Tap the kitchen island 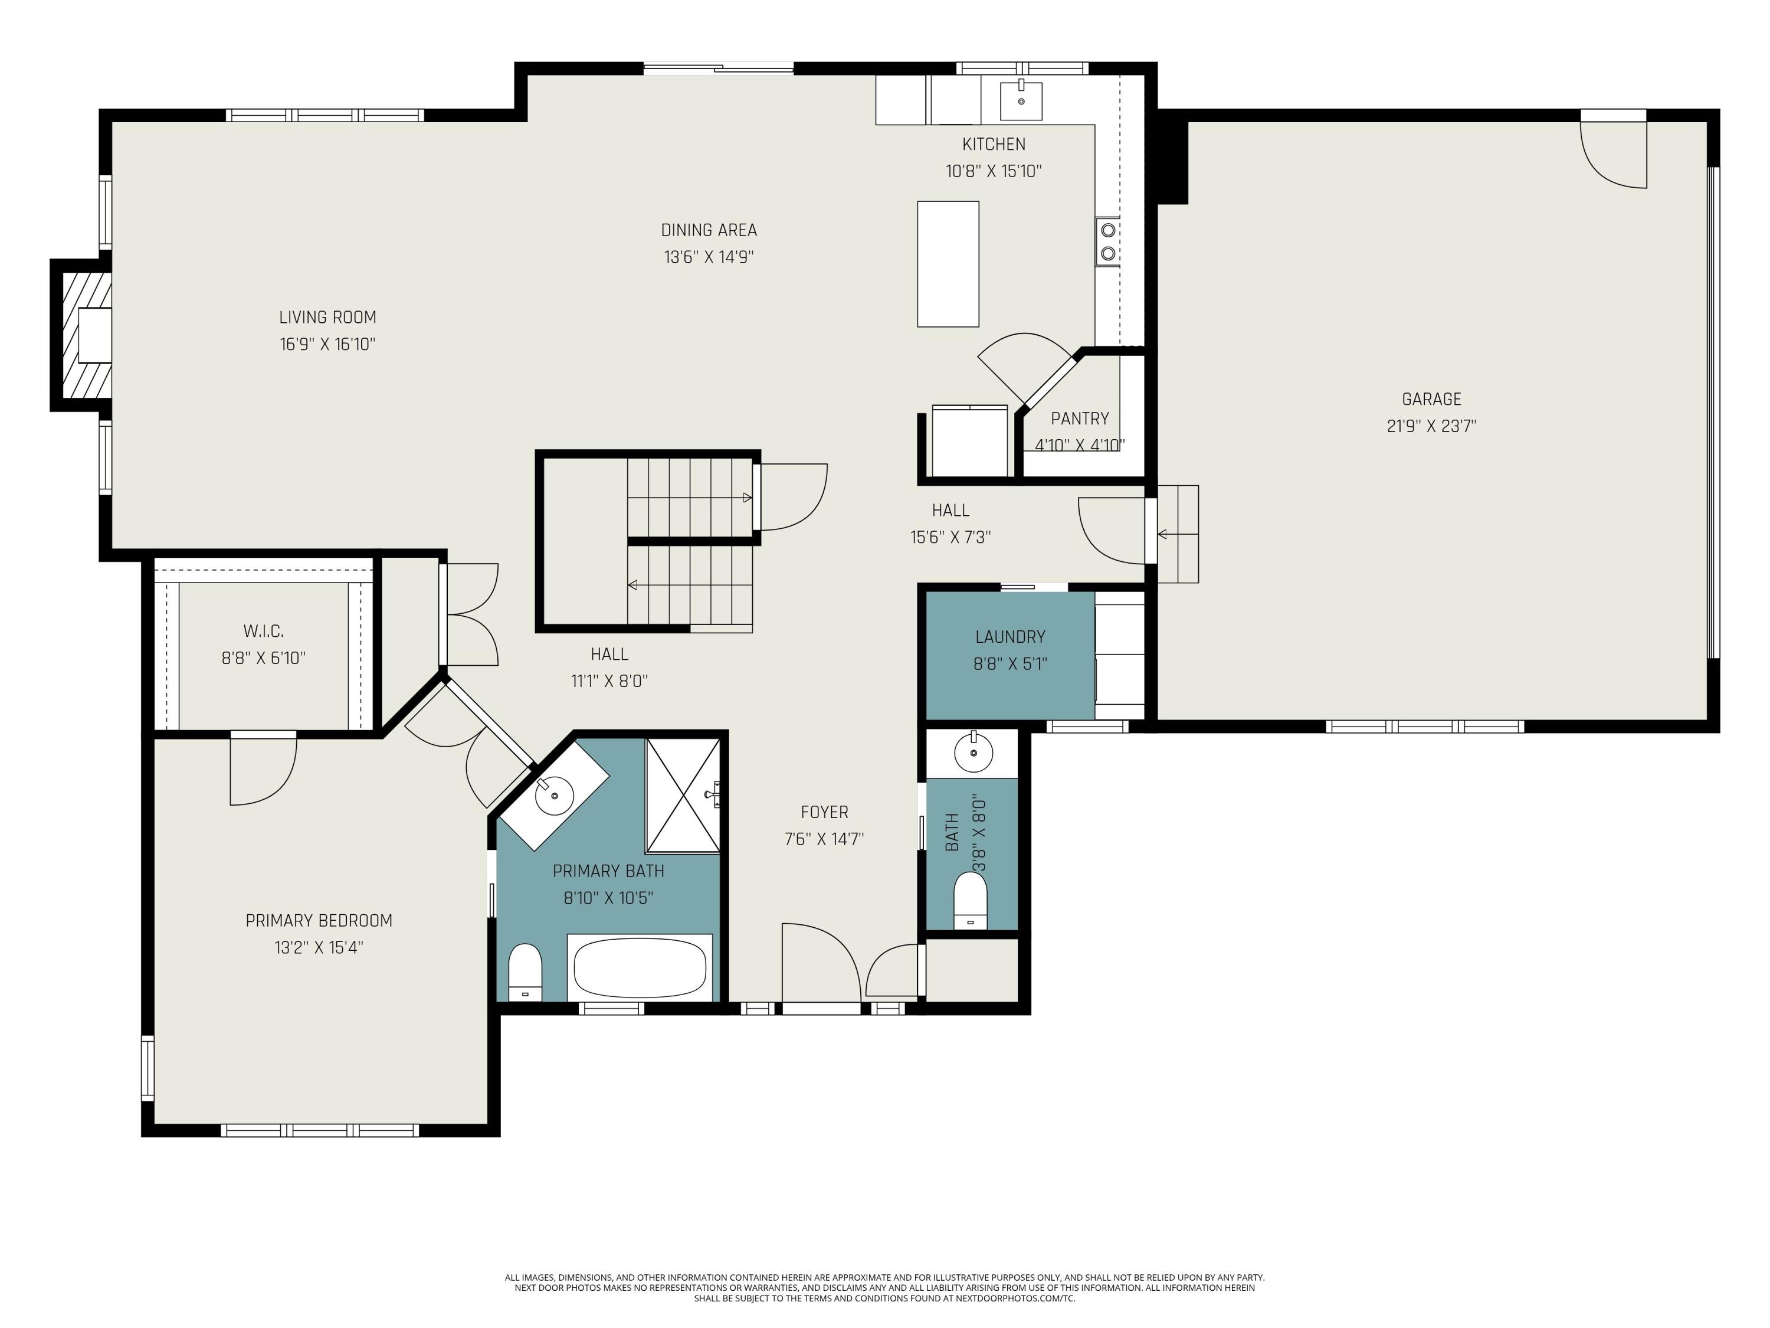tap(948, 263)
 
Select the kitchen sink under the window tap(1021, 101)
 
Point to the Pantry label tap(1080, 418)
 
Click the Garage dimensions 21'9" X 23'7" tap(1431, 426)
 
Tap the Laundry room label tap(1010, 637)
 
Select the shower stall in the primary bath tap(683, 796)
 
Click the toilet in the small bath tap(971, 901)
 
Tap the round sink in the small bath tap(974, 753)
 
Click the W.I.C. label tap(263, 631)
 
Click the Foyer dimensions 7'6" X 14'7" tap(824, 839)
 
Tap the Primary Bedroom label tap(319, 921)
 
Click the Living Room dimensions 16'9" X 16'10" tap(327, 344)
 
